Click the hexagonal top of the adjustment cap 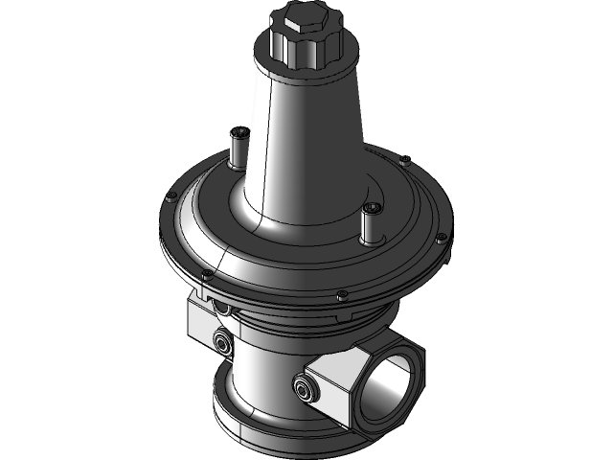click(298, 16)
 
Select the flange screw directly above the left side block click(205, 278)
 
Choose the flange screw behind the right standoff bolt click(406, 158)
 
